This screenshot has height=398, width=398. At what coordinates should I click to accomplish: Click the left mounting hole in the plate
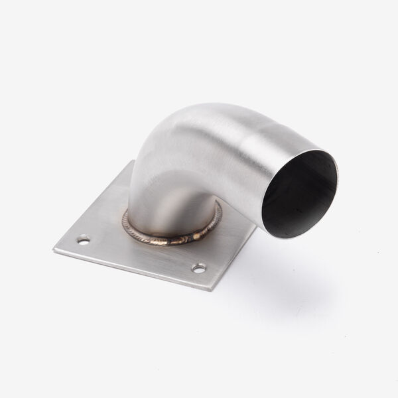pyautogui.click(x=83, y=240)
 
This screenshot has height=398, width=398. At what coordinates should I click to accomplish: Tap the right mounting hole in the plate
pyautogui.click(x=198, y=267)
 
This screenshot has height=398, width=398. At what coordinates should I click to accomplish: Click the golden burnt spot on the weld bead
pyautogui.click(x=197, y=233)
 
